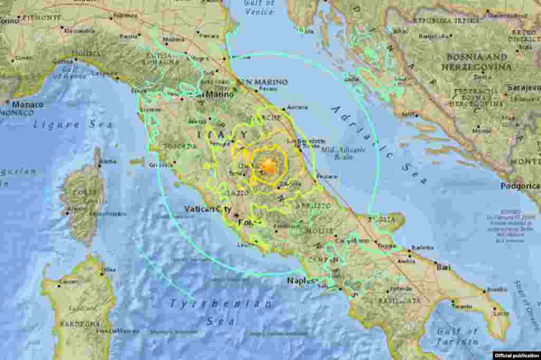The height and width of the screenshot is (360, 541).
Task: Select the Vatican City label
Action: [x=208, y=209]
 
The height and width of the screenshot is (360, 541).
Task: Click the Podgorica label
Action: [x=520, y=186]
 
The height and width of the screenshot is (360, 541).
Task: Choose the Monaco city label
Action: [x=27, y=105]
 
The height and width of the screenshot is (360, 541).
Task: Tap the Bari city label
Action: [x=443, y=267]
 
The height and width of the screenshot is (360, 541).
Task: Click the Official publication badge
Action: [x=517, y=355]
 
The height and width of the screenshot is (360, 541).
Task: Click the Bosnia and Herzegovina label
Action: [x=479, y=62]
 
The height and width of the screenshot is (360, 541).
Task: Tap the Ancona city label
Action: [x=297, y=107]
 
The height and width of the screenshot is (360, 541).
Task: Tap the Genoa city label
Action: [x=62, y=62]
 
